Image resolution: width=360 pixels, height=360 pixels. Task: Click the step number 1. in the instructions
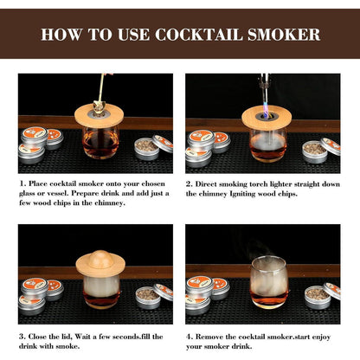[x=22, y=184]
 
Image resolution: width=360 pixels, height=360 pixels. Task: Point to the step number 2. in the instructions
[x=190, y=184]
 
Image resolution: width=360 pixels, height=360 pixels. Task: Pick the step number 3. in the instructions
[x=22, y=336]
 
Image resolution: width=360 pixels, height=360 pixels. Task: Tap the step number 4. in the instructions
[x=190, y=336]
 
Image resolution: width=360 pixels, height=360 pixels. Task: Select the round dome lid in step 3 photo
[x=100, y=260]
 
